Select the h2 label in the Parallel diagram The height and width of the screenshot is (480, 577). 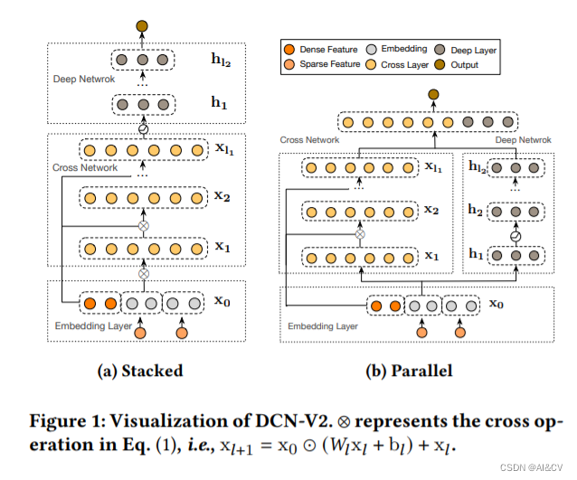coord(475,211)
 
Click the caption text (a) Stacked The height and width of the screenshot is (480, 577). coord(139,371)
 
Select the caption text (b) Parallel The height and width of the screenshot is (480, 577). coord(410,371)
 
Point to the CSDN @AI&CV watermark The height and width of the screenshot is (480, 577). coord(533,469)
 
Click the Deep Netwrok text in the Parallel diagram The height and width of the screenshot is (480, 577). coord(523,140)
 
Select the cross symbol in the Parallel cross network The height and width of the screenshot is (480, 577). coord(360,234)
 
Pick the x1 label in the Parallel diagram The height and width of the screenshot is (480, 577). coord(431,257)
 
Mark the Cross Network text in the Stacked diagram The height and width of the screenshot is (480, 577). coord(84,168)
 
